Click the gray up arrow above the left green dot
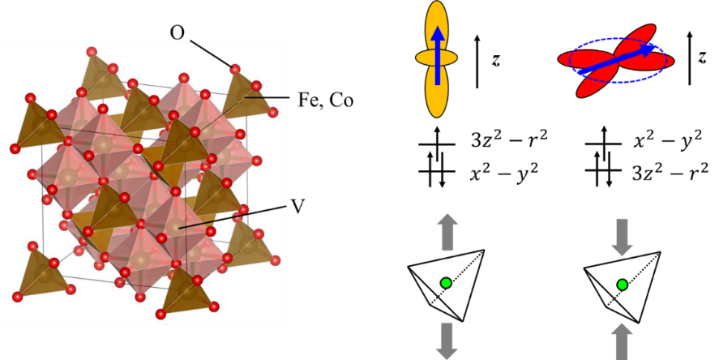[x=446, y=230]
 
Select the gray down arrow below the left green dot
[x=446, y=340]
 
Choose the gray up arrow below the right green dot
[x=622, y=341]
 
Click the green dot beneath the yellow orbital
[x=446, y=283]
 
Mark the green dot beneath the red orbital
[x=622, y=285]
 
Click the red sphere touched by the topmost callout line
[x=235, y=69]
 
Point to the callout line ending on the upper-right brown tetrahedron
[x=267, y=97]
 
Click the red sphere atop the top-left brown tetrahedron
[x=92, y=53]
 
